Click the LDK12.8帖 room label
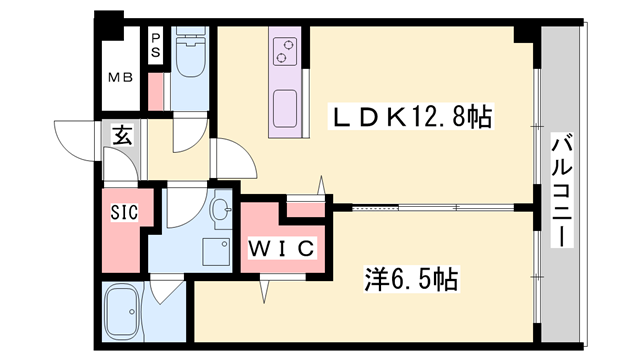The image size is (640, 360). [x=411, y=118]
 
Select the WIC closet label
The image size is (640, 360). [x=282, y=246]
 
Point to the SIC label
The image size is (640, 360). [x=124, y=212]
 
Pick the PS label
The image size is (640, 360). [x=156, y=46]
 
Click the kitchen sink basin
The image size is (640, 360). [x=285, y=106]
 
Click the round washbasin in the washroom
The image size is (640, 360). [x=221, y=210]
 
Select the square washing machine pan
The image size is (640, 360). [x=213, y=252]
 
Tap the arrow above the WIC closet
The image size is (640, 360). [x=322, y=186]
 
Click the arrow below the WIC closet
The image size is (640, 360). [x=265, y=289]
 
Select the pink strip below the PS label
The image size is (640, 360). [x=156, y=90]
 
